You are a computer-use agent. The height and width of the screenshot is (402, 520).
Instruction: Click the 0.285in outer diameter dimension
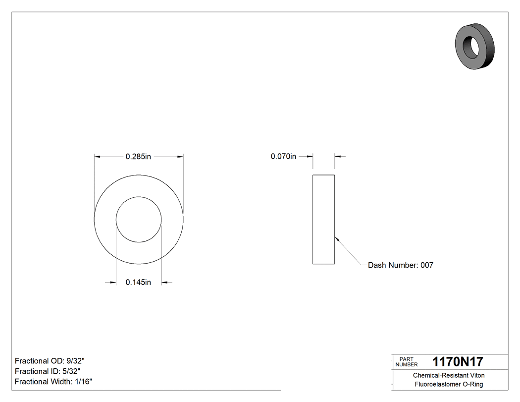coord(138,157)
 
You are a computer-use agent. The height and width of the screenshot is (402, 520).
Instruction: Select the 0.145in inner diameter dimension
coord(138,283)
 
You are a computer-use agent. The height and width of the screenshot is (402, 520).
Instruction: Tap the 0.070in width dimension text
coord(283,157)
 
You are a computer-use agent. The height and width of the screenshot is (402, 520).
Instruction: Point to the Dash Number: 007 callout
coord(400,265)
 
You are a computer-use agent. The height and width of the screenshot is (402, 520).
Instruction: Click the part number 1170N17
coord(458,362)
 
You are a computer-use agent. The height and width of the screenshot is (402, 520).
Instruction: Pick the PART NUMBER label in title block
coord(407,362)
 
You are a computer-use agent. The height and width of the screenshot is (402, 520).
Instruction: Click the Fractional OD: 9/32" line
coord(52,361)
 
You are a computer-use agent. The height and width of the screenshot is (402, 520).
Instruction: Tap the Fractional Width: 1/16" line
coord(53,382)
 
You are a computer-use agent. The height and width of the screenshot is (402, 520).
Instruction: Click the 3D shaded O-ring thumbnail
coord(474,47)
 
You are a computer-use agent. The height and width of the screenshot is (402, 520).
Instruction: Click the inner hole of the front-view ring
coord(139,220)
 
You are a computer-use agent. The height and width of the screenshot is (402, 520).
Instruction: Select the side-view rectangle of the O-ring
coord(323,220)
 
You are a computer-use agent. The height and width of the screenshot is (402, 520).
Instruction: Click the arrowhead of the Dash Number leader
coord(337,238)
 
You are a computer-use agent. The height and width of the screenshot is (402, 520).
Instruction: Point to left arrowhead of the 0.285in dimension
coord(97,157)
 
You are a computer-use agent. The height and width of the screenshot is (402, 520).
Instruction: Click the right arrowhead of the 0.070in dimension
coord(338,157)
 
